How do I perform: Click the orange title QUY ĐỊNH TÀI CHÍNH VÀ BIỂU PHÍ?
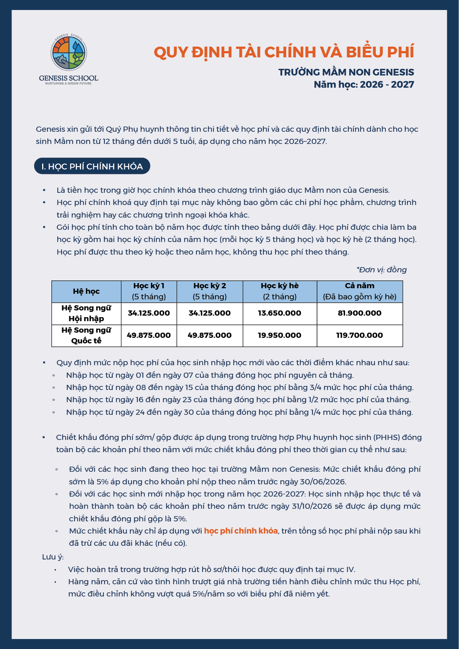[x=284, y=52]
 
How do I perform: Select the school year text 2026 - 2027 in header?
[x=387, y=84]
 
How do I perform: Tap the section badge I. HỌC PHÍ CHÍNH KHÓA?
[x=92, y=166]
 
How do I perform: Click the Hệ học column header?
[x=86, y=291]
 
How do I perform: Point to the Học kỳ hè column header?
[x=280, y=291]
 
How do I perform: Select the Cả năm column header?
[x=360, y=291]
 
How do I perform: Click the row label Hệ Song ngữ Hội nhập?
[x=86, y=313]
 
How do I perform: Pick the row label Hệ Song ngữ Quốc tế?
[x=86, y=336]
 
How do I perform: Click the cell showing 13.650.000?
[x=280, y=313]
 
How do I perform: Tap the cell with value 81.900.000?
[x=360, y=313]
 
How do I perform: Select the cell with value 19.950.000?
[x=280, y=335]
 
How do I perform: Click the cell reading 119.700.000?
[x=360, y=335]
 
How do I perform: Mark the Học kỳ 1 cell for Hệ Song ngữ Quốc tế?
[x=149, y=335]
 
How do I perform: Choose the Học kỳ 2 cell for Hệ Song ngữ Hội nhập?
[x=210, y=313]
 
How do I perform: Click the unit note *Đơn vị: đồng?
[x=381, y=270]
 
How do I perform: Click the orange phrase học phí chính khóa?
[x=241, y=531]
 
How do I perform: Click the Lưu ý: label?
[x=53, y=557]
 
